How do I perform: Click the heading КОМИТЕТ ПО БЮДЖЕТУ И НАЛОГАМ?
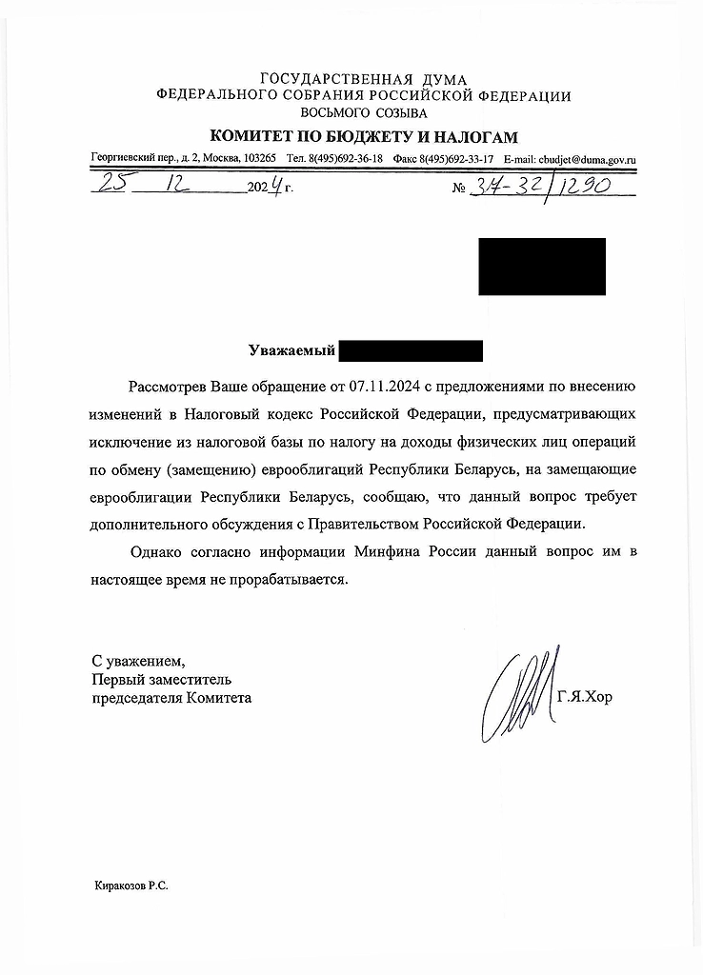[364, 136]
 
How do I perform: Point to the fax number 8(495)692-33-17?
[459, 159]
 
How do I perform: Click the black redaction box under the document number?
[541, 266]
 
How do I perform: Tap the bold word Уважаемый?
[291, 352]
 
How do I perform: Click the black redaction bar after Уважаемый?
[411, 352]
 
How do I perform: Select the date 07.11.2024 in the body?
[383, 388]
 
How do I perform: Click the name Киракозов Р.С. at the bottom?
[131, 885]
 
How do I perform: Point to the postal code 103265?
[260, 159]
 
